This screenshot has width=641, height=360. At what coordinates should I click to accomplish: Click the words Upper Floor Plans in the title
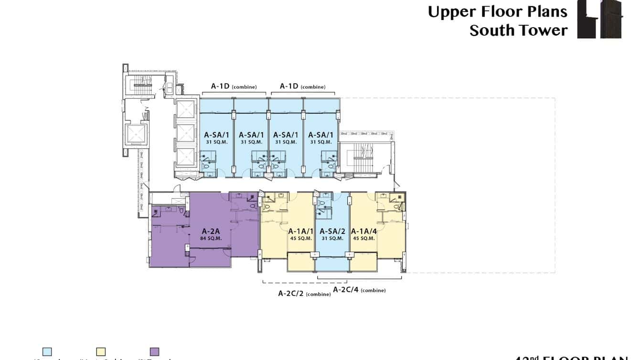[497, 12]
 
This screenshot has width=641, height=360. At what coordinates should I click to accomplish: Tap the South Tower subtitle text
[518, 31]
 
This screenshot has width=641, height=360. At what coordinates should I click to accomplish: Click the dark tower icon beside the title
[600, 19]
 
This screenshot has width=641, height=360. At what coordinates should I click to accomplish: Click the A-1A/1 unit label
[301, 231]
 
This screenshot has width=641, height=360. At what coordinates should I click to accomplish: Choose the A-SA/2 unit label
[332, 231]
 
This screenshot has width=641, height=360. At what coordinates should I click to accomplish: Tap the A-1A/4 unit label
[363, 231]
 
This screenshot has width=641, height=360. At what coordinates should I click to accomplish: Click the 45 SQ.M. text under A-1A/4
[363, 238]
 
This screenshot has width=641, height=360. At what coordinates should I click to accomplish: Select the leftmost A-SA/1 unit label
[216, 135]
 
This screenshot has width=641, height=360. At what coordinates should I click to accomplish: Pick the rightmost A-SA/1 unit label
[320, 135]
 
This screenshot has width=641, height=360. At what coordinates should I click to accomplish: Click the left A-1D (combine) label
[234, 86]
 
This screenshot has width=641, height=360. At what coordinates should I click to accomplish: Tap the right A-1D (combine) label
[302, 86]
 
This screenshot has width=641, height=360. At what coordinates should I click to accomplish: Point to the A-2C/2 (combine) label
[304, 294]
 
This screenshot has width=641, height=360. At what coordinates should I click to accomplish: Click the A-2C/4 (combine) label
[359, 290]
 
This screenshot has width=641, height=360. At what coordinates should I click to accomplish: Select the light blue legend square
[47, 352]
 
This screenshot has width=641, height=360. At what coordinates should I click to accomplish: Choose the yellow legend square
[100, 352]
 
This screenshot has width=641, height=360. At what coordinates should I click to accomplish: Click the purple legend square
[154, 352]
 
